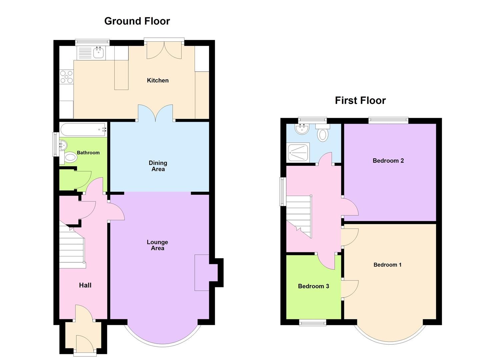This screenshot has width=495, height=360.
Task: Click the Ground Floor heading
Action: [x=137, y=21]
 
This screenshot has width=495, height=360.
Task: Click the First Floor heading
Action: [x=360, y=100]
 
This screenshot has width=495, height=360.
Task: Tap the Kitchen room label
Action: [x=158, y=80]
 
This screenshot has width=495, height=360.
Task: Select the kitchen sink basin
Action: [x=99, y=53]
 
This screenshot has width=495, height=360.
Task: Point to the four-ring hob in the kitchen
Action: [x=66, y=77]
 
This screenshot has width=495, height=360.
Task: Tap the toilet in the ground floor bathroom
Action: [x=70, y=157]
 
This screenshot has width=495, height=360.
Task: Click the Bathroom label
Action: [x=88, y=153]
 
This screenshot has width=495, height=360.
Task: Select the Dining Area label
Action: [x=158, y=166]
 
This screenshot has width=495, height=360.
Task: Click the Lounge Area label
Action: [x=157, y=245]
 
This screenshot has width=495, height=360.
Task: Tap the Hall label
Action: [x=85, y=285]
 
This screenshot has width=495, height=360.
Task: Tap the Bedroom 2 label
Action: [x=388, y=161]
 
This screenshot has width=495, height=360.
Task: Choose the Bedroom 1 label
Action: [x=387, y=265]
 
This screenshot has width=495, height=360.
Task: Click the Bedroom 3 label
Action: [x=313, y=286]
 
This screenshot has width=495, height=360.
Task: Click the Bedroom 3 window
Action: [x=312, y=322]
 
